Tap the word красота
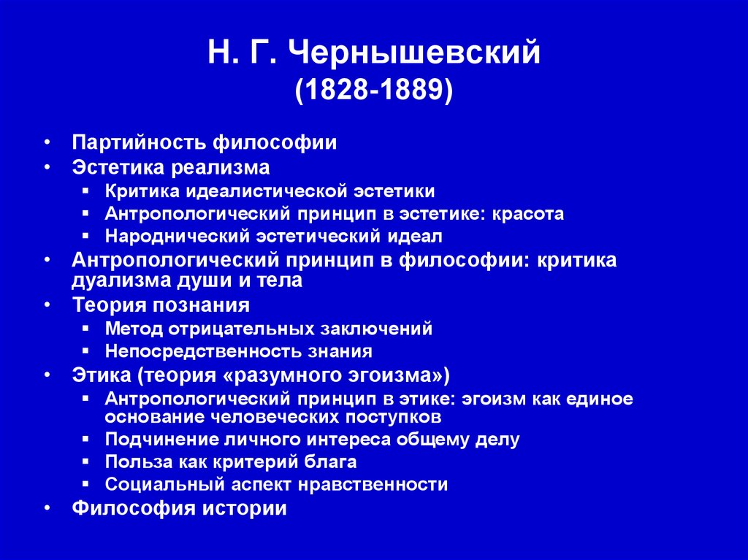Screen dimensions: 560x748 [528, 214]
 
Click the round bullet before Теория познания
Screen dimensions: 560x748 [47, 304]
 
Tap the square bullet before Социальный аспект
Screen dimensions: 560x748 [86, 484]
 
